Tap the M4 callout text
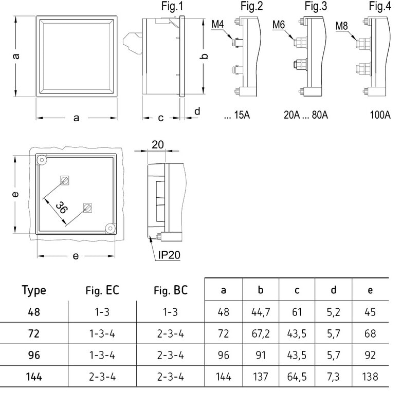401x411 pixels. (218, 24)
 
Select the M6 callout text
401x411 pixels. (279, 25)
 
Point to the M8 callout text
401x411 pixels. (342, 25)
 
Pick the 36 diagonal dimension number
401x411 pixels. (62, 208)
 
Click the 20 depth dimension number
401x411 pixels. (158, 145)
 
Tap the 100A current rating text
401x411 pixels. (380, 115)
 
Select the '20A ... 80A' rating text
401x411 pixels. (306, 115)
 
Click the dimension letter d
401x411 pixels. (197, 111)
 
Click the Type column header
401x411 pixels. (34, 290)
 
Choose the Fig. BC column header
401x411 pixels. (170, 290)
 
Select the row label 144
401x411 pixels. (34, 377)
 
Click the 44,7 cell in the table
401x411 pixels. (261, 312)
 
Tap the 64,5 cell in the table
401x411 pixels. (297, 377)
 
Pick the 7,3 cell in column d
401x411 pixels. (334, 377)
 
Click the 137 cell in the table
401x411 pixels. (261, 377)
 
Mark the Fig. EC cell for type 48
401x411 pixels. (102, 312)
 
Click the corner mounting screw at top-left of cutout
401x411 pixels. (41, 160)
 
